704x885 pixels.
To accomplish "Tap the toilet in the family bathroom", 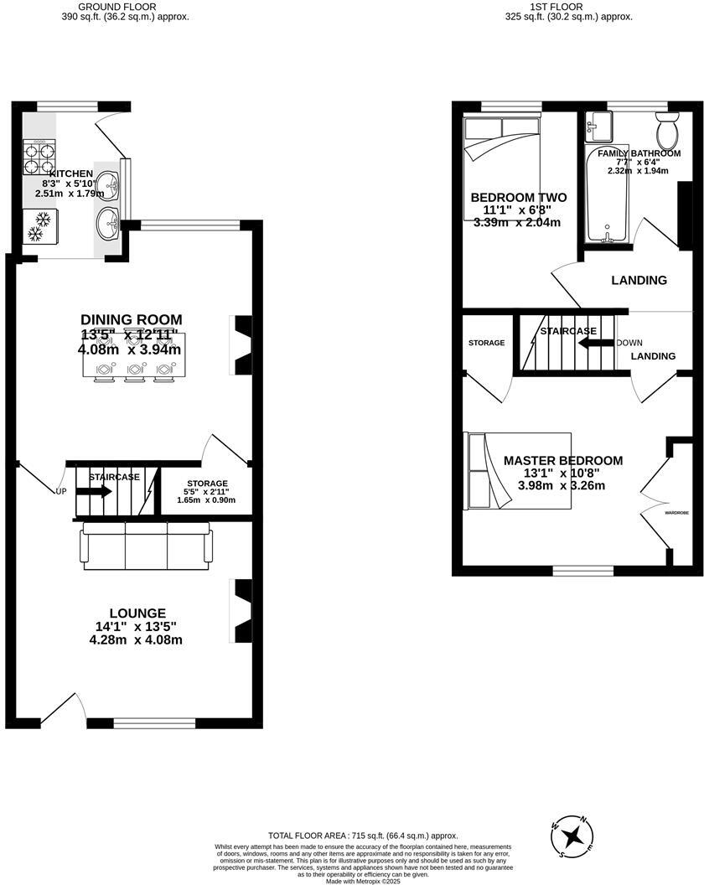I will point(668,132).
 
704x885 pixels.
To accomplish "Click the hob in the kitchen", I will point(38,155).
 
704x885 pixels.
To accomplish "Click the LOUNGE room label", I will point(136,613).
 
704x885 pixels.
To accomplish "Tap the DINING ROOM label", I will point(131,319).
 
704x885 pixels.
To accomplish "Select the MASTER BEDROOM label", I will point(562,461).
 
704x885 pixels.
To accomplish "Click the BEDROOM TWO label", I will point(518,198).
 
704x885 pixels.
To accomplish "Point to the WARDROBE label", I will point(676,512).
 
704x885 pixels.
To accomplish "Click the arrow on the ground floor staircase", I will point(95,492).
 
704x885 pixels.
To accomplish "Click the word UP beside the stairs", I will point(61,491).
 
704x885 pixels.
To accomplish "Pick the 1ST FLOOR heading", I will point(556,7).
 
